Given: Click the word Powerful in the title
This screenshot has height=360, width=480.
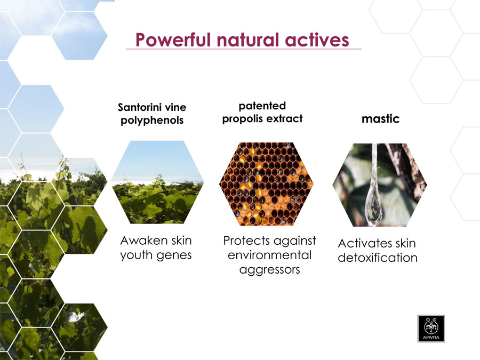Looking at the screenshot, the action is tap(173, 40).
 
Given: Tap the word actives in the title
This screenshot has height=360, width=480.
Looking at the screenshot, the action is tap(317, 40).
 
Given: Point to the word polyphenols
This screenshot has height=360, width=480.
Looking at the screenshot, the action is tap(152, 120).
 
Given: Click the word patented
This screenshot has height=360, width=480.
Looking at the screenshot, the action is tap(262, 106).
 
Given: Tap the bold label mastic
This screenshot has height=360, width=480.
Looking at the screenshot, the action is tap(380, 118).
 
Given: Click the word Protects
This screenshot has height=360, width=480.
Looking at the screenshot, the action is tap(249, 241).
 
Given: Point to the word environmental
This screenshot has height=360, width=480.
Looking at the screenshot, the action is tap(269, 255).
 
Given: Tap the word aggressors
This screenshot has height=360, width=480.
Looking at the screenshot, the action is tap(269, 270).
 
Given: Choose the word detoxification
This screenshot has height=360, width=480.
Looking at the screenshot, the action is tap(378, 258).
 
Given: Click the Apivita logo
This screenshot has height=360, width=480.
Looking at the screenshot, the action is tap(431, 329).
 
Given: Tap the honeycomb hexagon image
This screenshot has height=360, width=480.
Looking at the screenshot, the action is tap(266, 184).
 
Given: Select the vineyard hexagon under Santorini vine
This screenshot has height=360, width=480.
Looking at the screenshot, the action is tap(157, 182).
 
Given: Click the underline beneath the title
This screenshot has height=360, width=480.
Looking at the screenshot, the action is tap(244, 49).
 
